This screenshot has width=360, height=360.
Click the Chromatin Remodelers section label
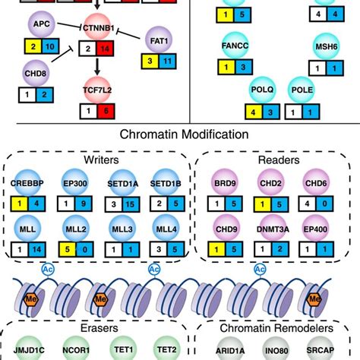pyautogui.click(x=276, y=330)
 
